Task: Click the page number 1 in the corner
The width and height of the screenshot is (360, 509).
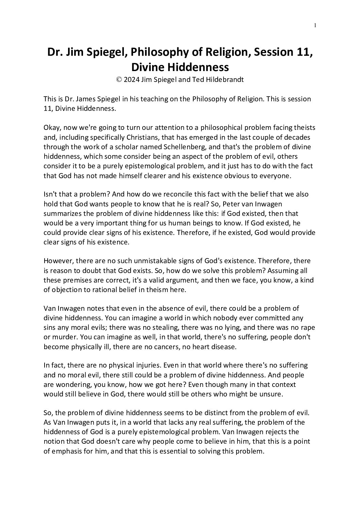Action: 315,25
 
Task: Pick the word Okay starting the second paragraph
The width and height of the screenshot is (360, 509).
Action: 52,128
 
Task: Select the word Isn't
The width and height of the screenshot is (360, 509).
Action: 51,194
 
